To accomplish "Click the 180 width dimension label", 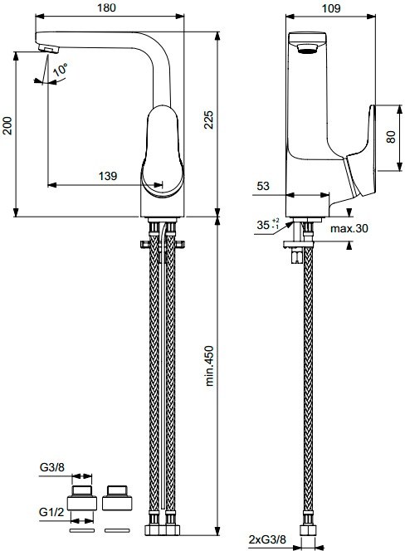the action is pyautogui.click(x=106, y=7).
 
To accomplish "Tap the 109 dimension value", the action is pyautogui.click(x=331, y=8).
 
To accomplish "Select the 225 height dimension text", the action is pyautogui.click(x=209, y=119).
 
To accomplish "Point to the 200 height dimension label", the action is pyautogui.click(x=7, y=125).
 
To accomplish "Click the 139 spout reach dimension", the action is pyautogui.click(x=108, y=176).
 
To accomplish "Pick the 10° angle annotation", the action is pyautogui.click(x=60, y=70).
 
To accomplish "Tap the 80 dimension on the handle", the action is pyautogui.click(x=391, y=136).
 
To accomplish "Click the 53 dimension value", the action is pyautogui.click(x=263, y=186).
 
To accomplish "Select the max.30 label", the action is pyautogui.click(x=349, y=228).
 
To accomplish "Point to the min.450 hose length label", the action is pyautogui.click(x=209, y=366).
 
